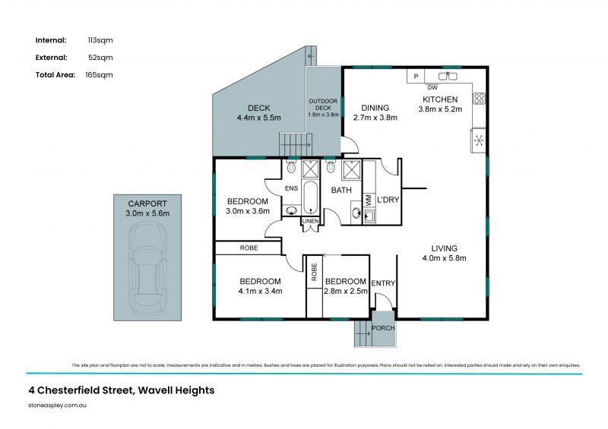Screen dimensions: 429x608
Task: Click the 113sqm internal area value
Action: tap(101, 40)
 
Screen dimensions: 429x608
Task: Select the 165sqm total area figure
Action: tap(101, 74)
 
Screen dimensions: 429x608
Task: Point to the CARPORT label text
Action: tap(147, 204)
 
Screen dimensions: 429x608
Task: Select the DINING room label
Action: tap(375, 108)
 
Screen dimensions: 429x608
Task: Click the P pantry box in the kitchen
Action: tap(416, 76)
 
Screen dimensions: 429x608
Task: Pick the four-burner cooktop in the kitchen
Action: tap(480, 98)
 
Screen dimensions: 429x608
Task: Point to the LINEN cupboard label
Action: tap(311, 221)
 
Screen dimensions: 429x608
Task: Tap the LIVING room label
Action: tap(445, 248)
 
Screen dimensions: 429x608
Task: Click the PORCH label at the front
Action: tap(383, 329)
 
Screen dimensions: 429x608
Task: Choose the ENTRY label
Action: tap(384, 283)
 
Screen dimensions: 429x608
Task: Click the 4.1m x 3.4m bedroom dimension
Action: tap(260, 291)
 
